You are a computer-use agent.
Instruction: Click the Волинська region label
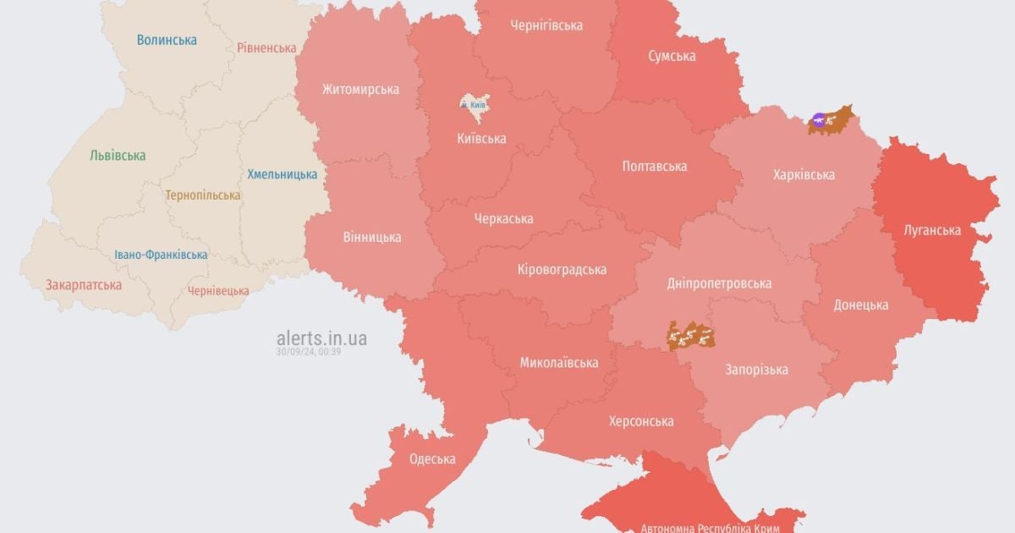coord(167,40)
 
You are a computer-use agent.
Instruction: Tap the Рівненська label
coord(266,48)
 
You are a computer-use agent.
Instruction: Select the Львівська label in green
coord(118,156)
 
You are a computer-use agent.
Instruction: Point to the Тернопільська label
coord(202,195)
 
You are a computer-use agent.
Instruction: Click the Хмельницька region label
coord(282,174)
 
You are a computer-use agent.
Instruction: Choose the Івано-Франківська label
coord(161,255)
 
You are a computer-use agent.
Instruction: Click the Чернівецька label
coord(218,291)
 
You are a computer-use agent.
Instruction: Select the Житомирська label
coord(360,89)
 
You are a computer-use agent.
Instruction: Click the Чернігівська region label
coord(546,25)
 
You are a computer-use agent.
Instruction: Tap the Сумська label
coord(672,56)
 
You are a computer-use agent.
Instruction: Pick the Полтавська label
coord(654,167)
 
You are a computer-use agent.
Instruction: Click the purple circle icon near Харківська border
coord(818,120)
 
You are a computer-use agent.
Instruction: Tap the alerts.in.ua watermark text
coord(321,338)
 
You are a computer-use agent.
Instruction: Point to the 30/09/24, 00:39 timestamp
coord(308,352)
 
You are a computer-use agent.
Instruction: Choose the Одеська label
coord(432,459)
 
